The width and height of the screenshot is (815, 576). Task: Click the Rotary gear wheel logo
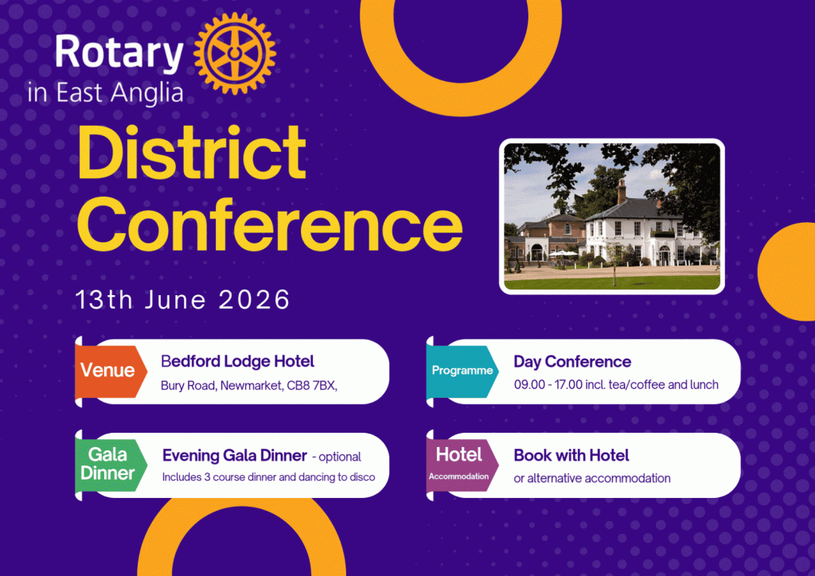pyautogui.click(x=235, y=53)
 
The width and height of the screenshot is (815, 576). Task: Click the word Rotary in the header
pyautogui.click(x=119, y=53)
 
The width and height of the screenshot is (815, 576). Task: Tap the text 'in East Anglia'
pyautogui.click(x=106, y=94)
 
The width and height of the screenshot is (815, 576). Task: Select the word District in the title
pyautogui.click(x=191, y=153)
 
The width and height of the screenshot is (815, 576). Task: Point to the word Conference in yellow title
pyautogui.click(x=270, y=224)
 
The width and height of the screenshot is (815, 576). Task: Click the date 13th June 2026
pyautogui.click(x=182, y=300)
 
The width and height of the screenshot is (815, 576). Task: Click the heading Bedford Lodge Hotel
pyautogui.click(x=237, y=361)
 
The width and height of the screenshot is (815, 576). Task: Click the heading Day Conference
pyautogui.click(x=572, y=361)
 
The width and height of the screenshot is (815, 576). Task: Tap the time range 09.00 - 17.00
pyautogui.click(x=548, y=385)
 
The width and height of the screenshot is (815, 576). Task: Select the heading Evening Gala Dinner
pyautogui.click(x=235, y=456)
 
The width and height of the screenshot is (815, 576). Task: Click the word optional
pyautogui.click(x=340, y=457)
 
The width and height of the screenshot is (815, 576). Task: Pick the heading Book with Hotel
pyautogui.click(x=571, y=456)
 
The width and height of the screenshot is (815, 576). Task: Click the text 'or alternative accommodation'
pyautogui.click(x=592, y=478)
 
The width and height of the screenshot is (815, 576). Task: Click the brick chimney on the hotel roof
pyautogui.click(x=622, y=192)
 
